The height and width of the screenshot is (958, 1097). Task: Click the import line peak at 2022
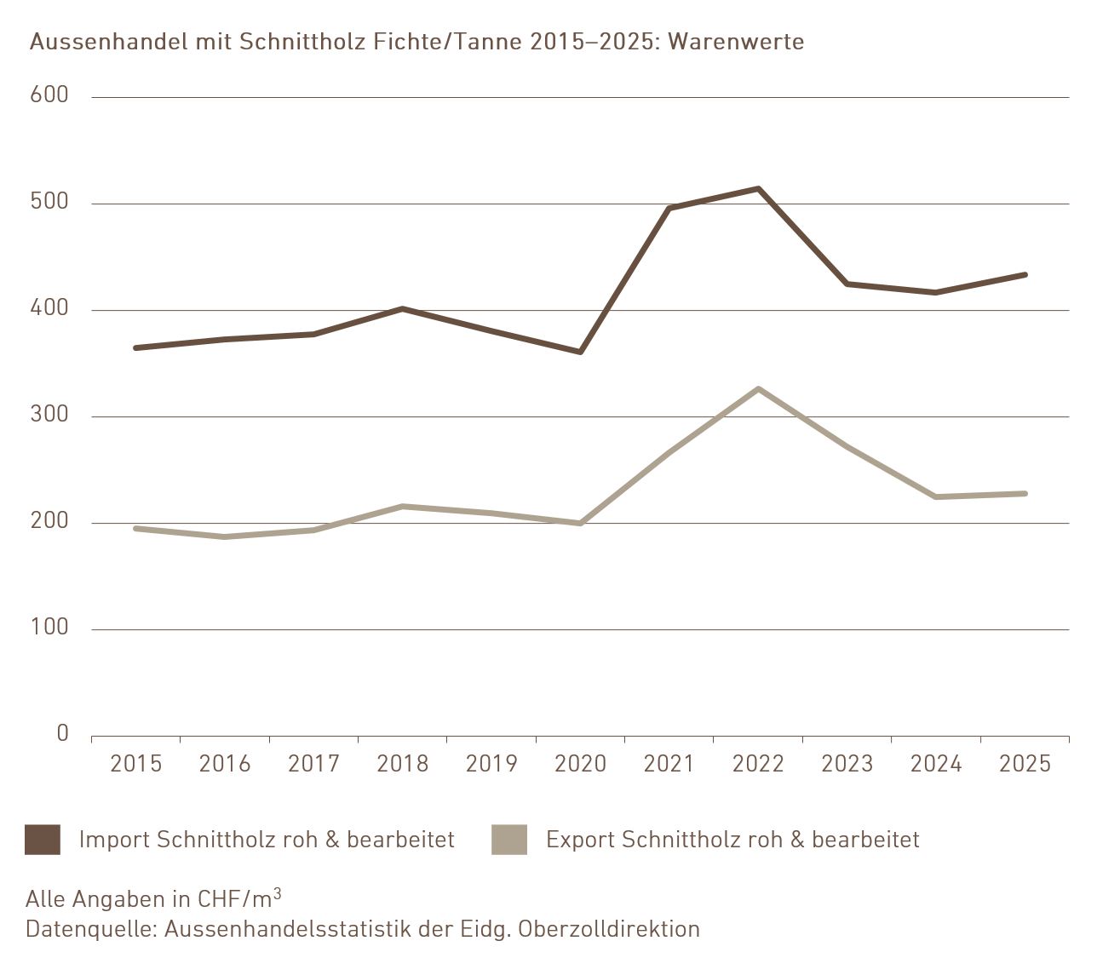pyautogui.click(x=758, y=188)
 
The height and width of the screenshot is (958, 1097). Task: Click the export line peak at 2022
pyautogui.click(x=758, y=389)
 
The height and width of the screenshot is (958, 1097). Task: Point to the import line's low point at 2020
pyautogui.click(x=580, y=352)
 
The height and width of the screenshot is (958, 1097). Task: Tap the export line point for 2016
pyautogui.click(x=225, y=536)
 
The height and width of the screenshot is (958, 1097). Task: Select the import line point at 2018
pyautogui.click(x=402, y=308)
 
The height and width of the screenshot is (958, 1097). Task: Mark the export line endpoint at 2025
pyautogui.click(x=1025, y=493)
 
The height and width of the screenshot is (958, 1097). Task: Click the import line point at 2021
pyautogui.click(x=669, y=208)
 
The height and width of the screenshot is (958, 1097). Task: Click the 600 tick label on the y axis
pyautogui.click(x=49, y=95)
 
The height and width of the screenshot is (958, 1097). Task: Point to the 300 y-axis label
pyautogui.click(x=49, y=415)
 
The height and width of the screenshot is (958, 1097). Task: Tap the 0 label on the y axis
pyautogui.click(x=62, y=733)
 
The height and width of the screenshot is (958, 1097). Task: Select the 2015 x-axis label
pyautogui.click(x=136, y=764)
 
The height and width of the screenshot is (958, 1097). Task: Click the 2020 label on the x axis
pyautogui.click(x=580, y=764)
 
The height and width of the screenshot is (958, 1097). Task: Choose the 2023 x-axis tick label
pyautogui.click(x=847, y=764)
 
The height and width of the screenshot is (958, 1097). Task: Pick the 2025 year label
pyautogui.click(x=1025, y=764)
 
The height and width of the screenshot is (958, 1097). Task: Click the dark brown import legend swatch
pyautogui.click(x=43, y=840)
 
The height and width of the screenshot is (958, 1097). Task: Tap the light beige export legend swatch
pyautogui.click(x=509, y=840)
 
